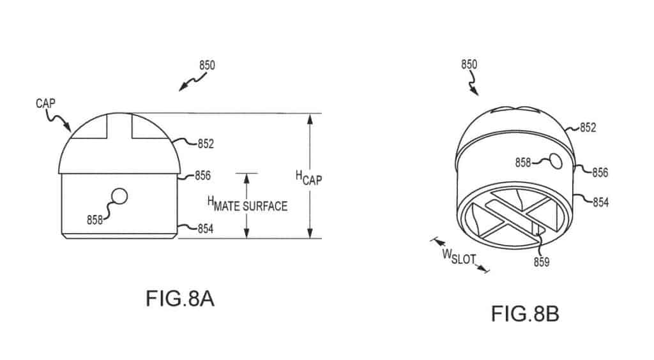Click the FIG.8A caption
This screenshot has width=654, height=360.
click(179, 299)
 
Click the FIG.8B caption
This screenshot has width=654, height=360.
click(525, 314)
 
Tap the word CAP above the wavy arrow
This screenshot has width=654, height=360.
click(45, 103)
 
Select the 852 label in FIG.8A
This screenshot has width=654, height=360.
click(206, 144)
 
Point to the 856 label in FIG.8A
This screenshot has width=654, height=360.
click(202, 176)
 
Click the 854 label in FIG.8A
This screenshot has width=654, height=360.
click(205, 229)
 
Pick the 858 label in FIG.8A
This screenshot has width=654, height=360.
click(95, 220)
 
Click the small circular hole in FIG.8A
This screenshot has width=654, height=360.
click(119, 196)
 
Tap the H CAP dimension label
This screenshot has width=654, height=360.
click(308, 178)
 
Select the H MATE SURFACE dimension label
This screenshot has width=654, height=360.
click(247, 204)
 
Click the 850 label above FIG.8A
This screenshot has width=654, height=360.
click(207, 65)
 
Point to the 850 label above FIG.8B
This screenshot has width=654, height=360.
click(469, 64)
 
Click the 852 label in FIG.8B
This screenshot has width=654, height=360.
click(588, 128)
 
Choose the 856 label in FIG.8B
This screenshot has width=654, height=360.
click(600, 172)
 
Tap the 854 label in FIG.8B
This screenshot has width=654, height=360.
click(600, 202)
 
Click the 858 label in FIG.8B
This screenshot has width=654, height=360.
click(523, 163)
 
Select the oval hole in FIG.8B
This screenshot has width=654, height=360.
click(556, 161)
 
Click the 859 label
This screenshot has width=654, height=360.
click(542, 262)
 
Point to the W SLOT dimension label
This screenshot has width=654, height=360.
click(459, 257)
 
